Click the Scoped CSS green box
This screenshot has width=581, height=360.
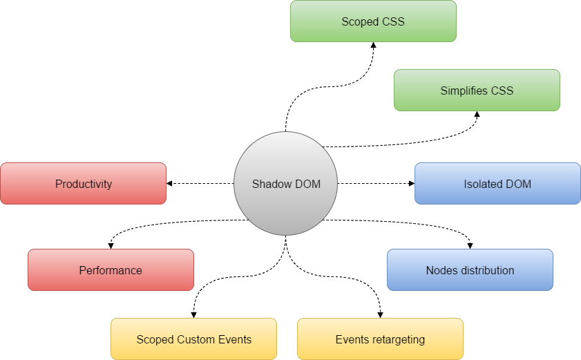pos(373,21)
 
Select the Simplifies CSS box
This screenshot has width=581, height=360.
pos(477,91)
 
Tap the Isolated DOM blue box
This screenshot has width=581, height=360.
pos(497,184)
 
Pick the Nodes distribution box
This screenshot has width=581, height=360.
pos(470,270)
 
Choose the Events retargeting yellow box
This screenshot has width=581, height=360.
pos(380,339)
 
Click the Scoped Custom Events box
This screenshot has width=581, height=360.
pos(193,339)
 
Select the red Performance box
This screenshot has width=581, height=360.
pos(111,270)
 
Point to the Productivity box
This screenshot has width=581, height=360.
pos(83,184)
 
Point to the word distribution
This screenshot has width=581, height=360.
pos(484,270)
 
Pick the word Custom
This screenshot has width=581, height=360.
pos(196,340)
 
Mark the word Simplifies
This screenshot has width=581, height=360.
pos(464,91)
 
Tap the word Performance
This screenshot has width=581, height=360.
pos(111,271)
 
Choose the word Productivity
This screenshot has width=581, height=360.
pos(84,184)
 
